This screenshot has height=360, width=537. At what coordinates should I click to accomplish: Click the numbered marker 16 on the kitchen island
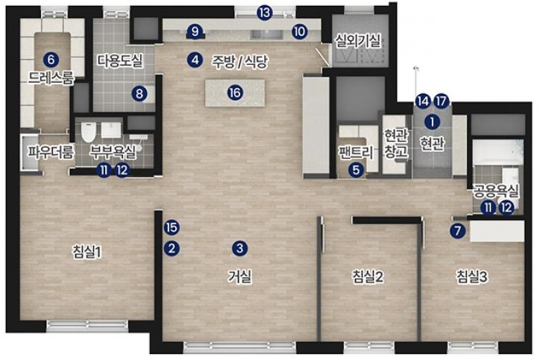tap(236, 92)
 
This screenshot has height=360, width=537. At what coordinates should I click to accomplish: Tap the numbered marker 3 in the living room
tap(239, 248)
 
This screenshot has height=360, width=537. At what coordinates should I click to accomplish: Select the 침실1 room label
tap(88, 253)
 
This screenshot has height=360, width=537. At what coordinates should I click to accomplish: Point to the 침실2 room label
tap(368, 277)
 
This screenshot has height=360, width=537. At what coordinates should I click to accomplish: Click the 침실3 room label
tap(472, 277)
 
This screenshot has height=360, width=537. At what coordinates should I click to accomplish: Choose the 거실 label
tap(239, 277)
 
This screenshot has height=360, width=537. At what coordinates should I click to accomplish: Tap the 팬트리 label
tap(357, 152)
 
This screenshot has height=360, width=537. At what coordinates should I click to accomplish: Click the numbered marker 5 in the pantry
tap(357, 170)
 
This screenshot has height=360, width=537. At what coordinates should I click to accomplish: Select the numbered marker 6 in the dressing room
tap(51, 60)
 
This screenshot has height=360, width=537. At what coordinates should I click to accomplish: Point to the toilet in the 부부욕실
tap(88, 132)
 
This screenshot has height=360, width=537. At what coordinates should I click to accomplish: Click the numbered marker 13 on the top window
tap(265, 13)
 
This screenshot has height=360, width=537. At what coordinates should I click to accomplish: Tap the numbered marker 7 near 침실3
tap(458, 230)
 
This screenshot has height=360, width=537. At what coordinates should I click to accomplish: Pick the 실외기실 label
tap(358, 41)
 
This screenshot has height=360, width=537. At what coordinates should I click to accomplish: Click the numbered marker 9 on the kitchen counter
tap(195, 32)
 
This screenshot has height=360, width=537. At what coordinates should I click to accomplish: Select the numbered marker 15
tap(172, 227)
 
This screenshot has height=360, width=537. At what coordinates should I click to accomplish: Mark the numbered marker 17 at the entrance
tap(442, 101)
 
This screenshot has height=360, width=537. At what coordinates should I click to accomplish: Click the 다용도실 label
tap(120, 60)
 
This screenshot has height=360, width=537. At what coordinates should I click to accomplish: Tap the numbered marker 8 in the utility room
tap(139, 93)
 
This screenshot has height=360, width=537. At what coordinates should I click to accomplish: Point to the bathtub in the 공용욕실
tap(498, 152)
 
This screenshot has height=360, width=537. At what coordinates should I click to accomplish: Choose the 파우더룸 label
tap(51, 152)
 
